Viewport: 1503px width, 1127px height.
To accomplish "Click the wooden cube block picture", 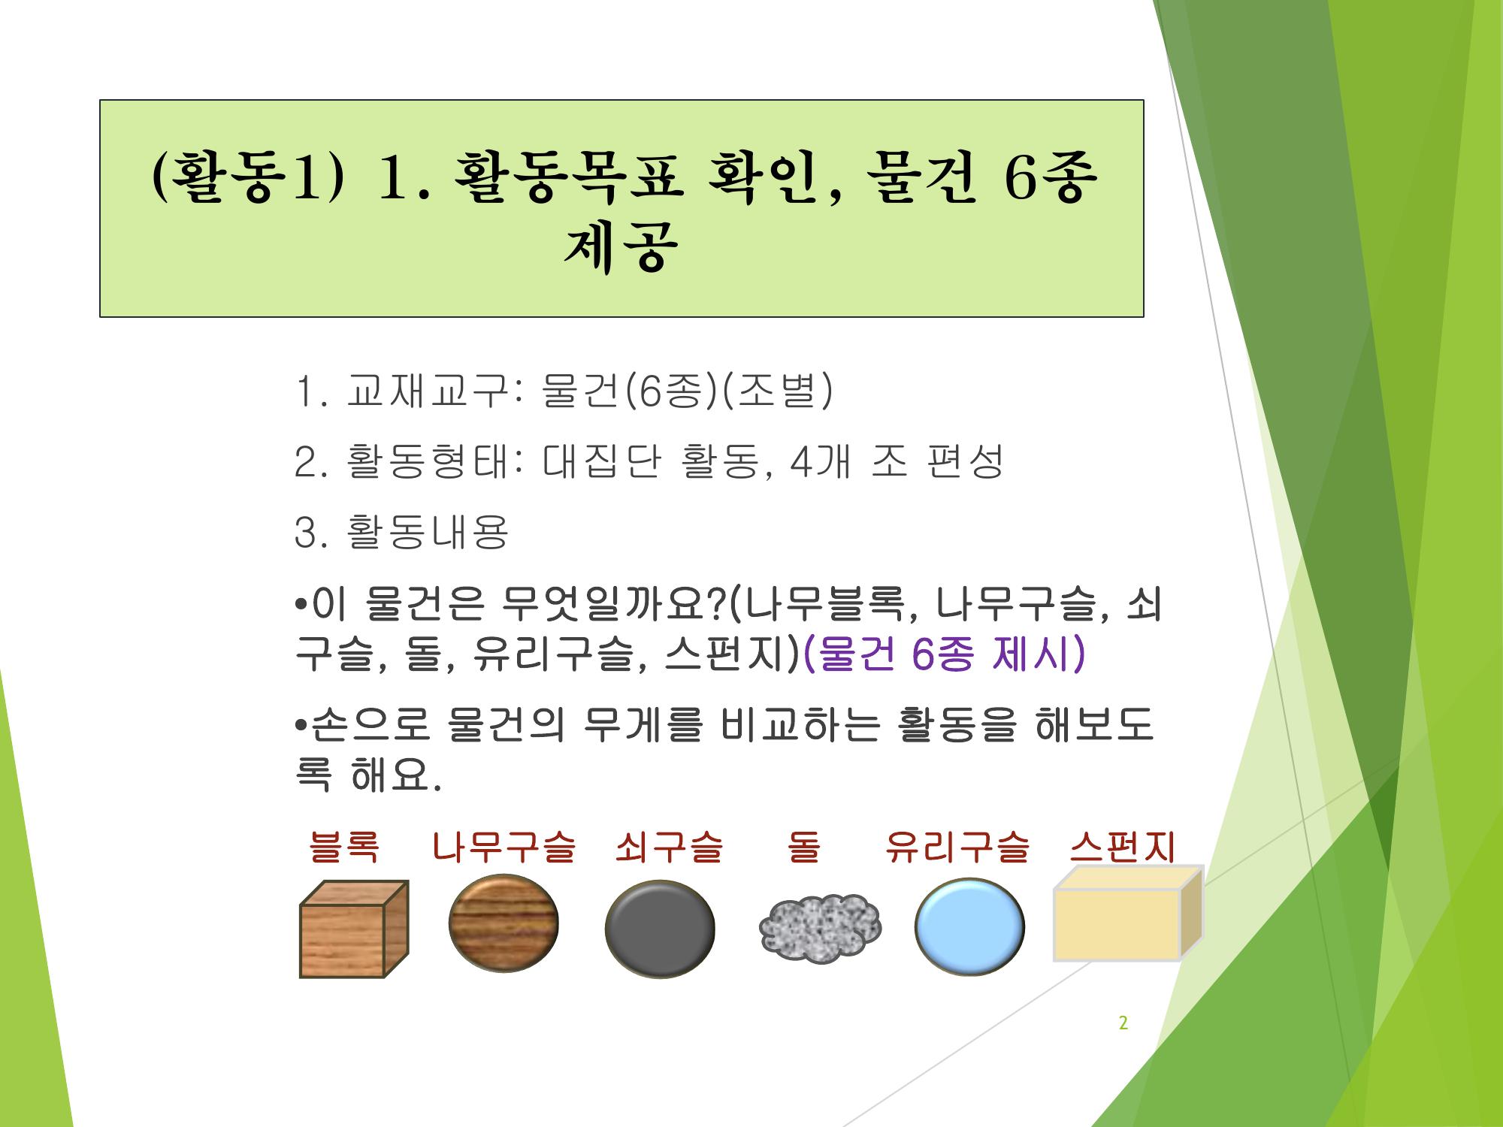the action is (354, 929).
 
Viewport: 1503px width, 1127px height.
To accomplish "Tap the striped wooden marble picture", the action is (504, 923).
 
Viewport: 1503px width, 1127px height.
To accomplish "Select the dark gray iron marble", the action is (660, 929).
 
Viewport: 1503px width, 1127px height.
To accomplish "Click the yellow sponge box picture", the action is (1128, 913).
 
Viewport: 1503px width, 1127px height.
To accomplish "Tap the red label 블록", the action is (344, 847).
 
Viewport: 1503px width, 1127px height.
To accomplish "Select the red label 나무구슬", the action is (504, 847).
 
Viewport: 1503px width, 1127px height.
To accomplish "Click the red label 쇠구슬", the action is (669, 847).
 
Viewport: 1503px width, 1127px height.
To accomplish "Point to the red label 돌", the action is (803, 847).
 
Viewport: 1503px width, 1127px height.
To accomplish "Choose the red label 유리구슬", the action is (957, 847).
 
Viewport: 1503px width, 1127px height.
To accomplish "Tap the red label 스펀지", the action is (1123, 847).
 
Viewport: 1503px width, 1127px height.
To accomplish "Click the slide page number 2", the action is (1123, 1023).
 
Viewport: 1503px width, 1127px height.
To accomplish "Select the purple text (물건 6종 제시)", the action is (945, 654).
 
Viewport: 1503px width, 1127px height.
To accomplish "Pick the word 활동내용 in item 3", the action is (428, 532).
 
